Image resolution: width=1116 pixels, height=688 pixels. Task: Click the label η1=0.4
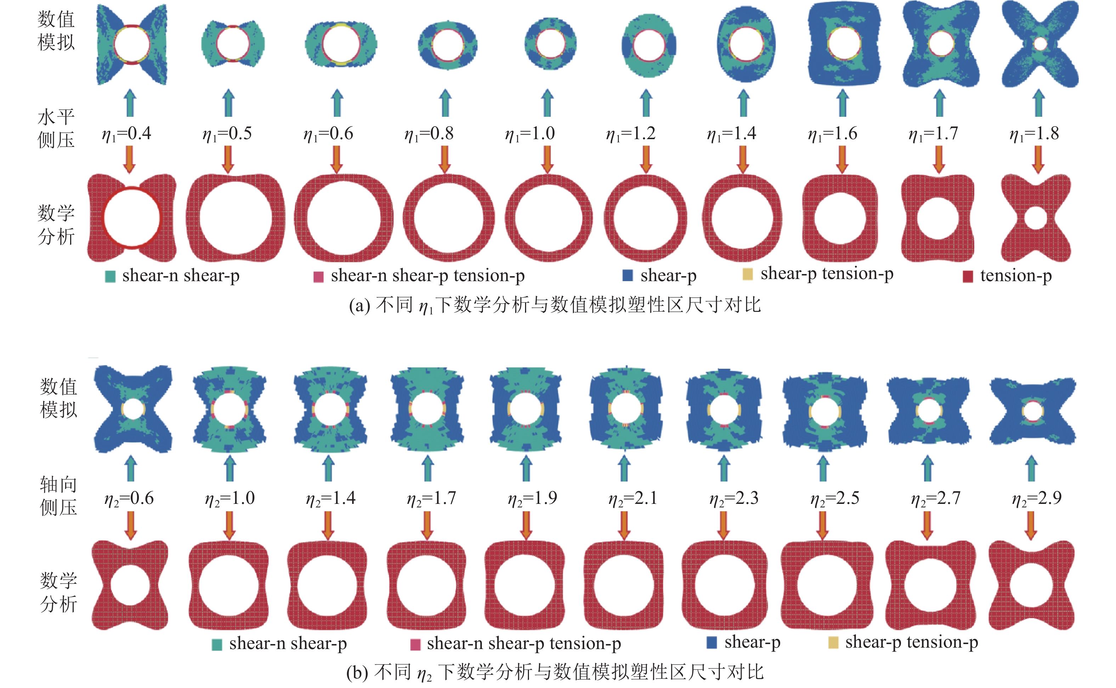[x=126, y=134]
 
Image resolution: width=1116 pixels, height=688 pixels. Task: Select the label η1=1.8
[x=1034, y=134]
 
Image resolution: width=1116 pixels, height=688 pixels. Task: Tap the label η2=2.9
[x=1037, y=498]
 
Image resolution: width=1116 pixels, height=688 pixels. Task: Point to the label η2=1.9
[x=532, y=498]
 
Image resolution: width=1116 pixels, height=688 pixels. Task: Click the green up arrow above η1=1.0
[x=547, y=103]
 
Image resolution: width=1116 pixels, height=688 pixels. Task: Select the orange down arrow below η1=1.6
[x=842, y=159]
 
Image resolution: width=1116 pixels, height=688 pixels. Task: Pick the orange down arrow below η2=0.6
[x=131, y=525]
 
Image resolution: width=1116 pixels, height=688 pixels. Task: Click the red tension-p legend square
[x=968, y=276]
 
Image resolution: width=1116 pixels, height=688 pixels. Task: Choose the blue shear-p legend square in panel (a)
[x=628, y=275]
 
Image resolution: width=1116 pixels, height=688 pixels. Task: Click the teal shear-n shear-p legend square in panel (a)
[x=110, y=276]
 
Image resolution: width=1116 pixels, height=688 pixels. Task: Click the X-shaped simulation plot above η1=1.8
[x=1039, y=44]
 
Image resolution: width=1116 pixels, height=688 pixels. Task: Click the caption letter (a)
[x=360, y=305]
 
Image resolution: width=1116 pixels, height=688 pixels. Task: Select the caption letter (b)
[x=357, y=672]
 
